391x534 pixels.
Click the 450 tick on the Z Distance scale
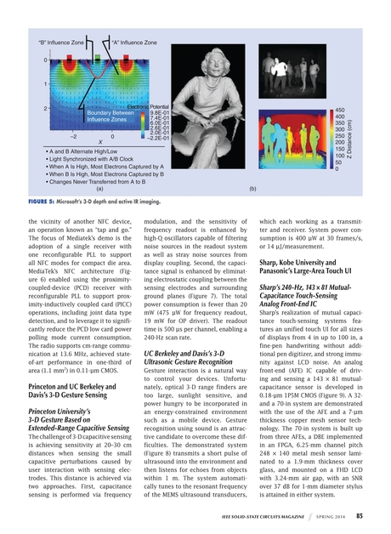tap(339, 111)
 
